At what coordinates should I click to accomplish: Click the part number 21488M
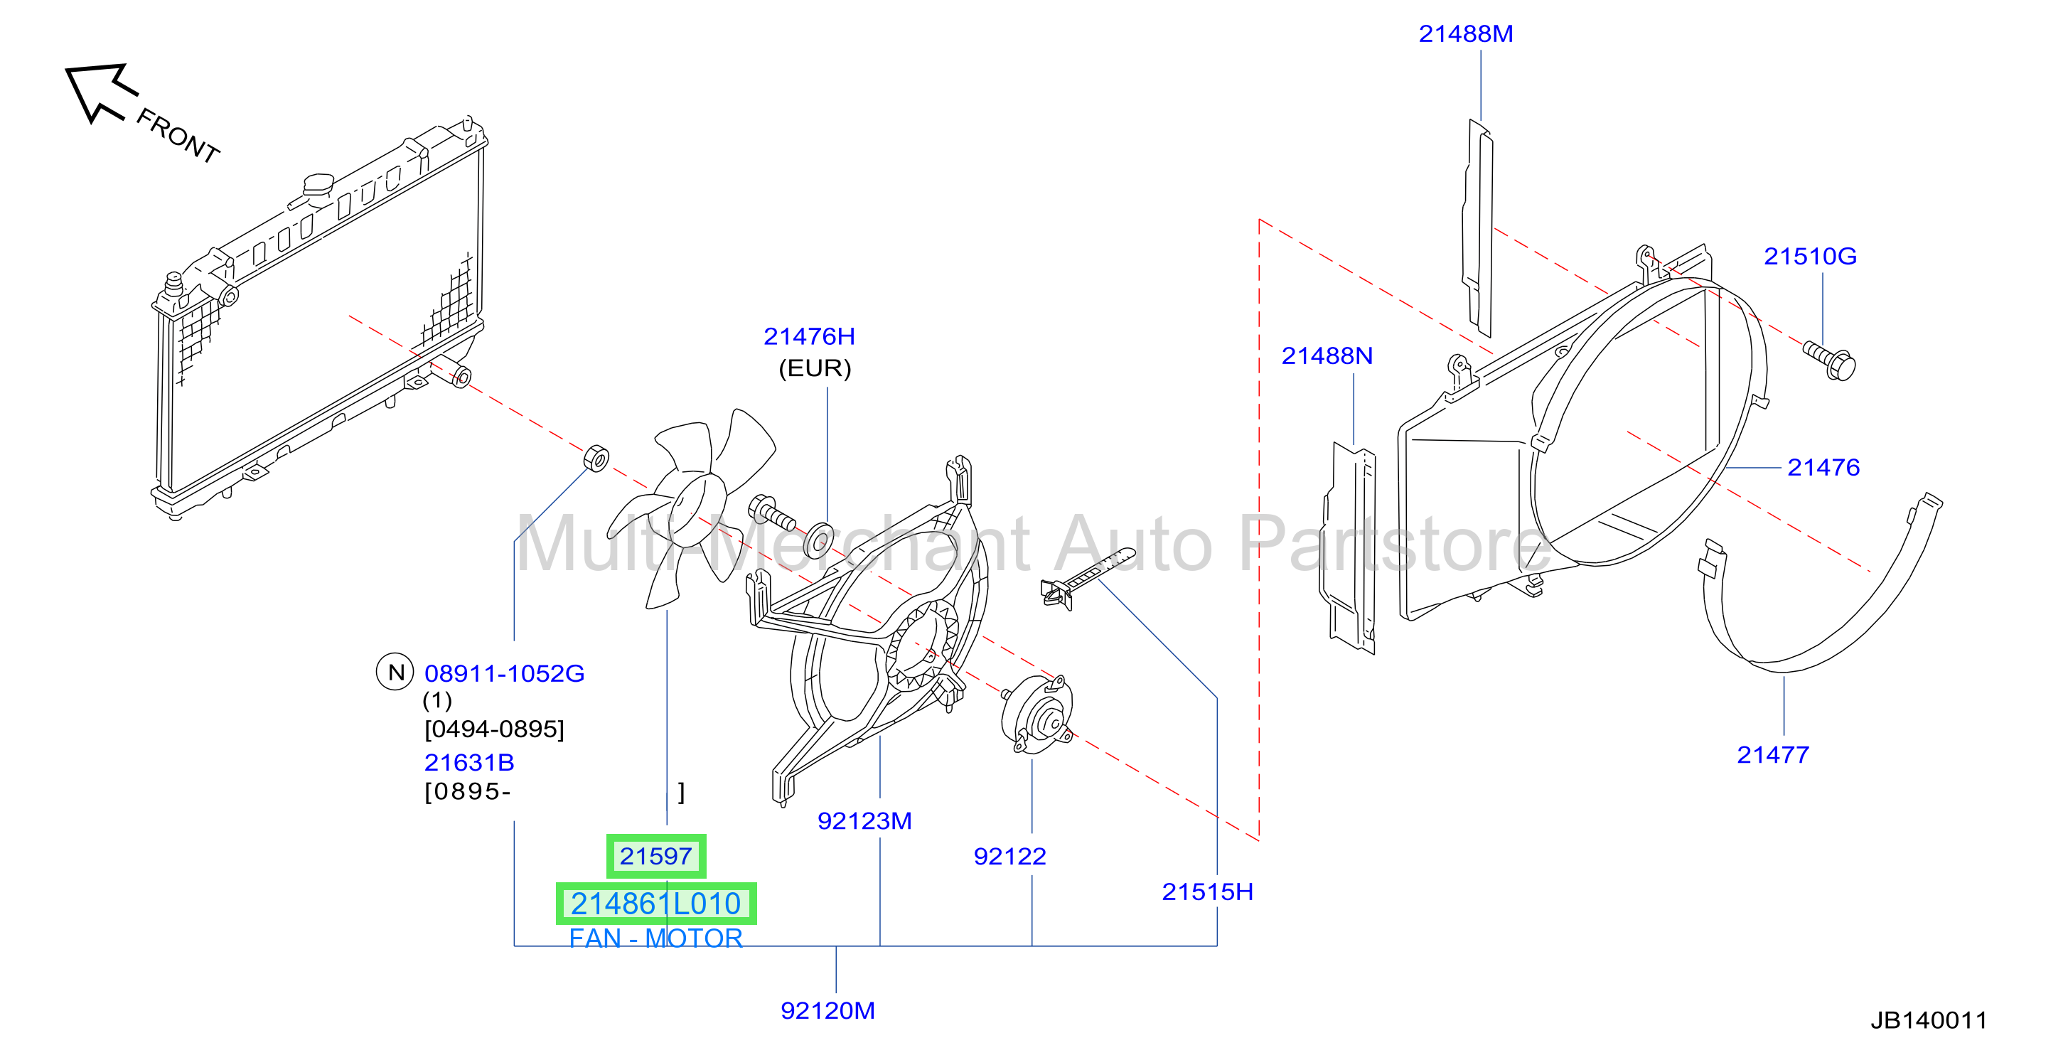click(x=1465, y=33)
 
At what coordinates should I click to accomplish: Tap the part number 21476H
click(x=809, y=336)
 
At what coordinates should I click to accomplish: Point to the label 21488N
click(x=1327, y=355)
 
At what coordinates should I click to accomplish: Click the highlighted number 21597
click(x=656, y=857)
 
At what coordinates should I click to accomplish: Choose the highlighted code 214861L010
click(x=656, y=904)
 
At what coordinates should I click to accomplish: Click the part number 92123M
click(x=864, y=820)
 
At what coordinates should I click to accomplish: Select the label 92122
click(x=1010, y=857)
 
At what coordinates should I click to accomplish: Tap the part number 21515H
click(x=1207, y=892)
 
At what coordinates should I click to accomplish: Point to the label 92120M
click(x=827, y=1011)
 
